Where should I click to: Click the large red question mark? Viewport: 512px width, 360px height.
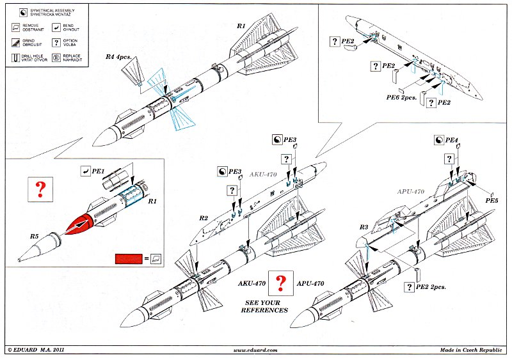coord(40,189)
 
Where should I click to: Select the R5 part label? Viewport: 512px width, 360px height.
coord(35,237)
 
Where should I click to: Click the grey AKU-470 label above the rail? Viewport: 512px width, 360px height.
coord(262,175)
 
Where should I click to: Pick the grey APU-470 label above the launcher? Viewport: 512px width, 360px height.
coord(410,191)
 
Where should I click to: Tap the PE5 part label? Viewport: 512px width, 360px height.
coord(492,200)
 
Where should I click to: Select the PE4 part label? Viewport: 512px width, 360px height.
coord(452,139)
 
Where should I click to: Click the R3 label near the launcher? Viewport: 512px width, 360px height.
coord(364,227)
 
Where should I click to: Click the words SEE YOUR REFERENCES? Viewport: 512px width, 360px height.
coord(264,306)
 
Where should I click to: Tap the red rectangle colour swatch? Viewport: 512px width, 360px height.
coord(128,259)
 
